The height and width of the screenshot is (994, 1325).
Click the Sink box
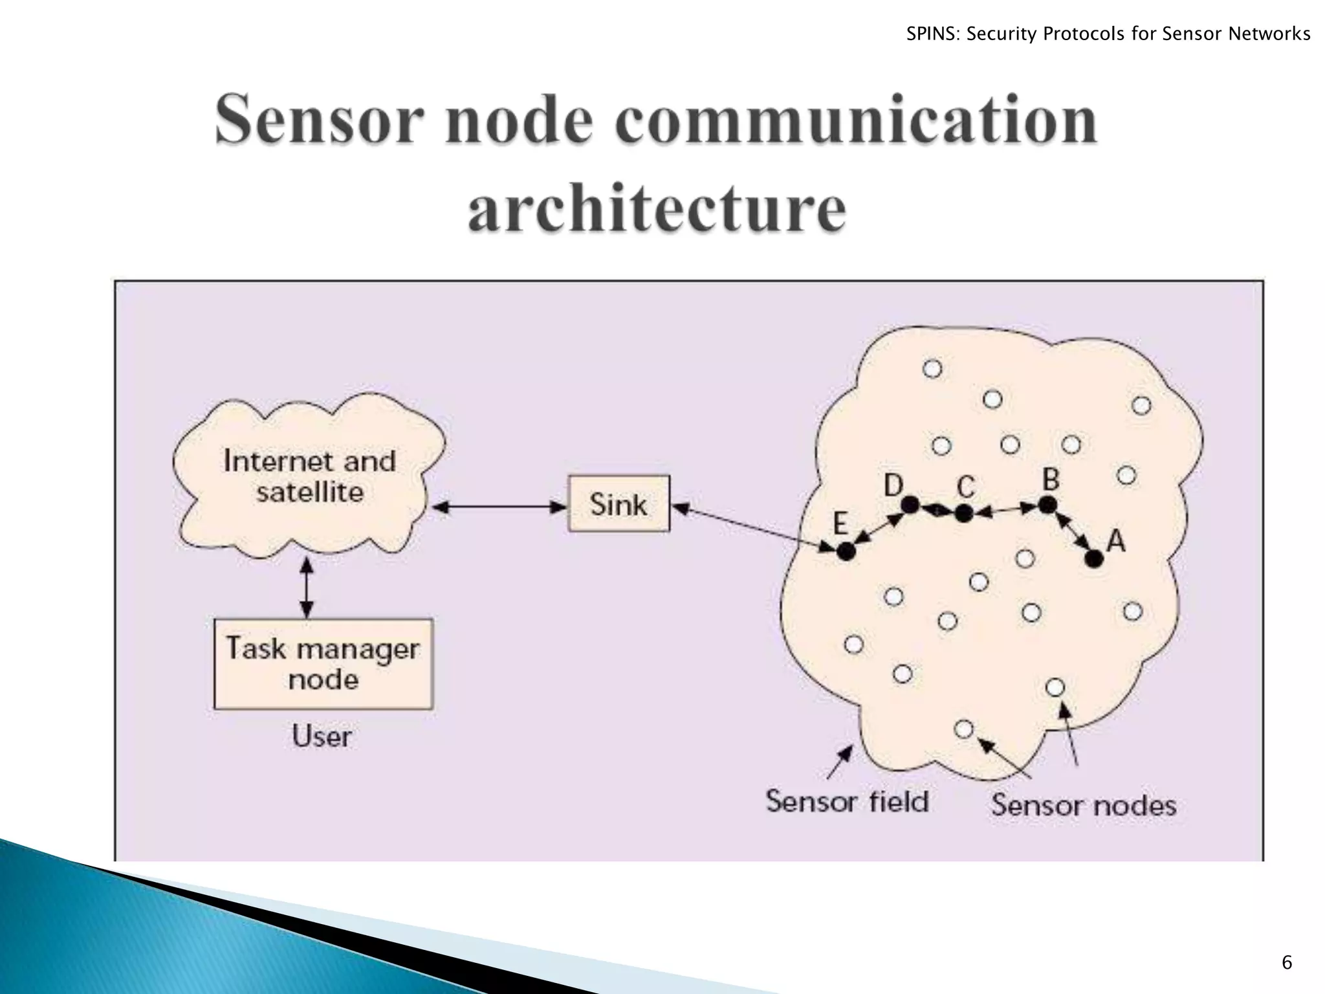pyautogui.click(x=619, y=504)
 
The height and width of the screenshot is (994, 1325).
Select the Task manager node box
pyautogui.click(x=323, y=664)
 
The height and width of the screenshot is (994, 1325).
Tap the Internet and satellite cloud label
pyautogui.click(x=309, y=476)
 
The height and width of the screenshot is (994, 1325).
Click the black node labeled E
pyautogui.click(x=846, y=551)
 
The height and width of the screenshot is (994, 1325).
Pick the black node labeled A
pyautogui.click(x=1094, y=558)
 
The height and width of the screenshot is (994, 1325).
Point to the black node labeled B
pyautogui.click(x=1047, y=505)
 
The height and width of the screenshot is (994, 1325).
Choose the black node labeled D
pyautogui.click(x=910, y=505)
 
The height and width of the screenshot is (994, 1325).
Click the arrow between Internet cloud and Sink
pyautogui.click(x=499, y=507)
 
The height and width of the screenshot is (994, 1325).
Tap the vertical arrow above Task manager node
pyautogui.click(x=307, y=588)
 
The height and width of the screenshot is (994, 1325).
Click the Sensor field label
pyautogui.click(x=847, y=801)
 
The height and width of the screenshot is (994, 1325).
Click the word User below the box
pyautogui.click(x=322, y=736)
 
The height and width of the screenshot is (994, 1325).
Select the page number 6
pyautogui.click(x=1286, y=963)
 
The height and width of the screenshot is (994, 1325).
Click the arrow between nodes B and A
pyautogui.click(x=1071, y=532)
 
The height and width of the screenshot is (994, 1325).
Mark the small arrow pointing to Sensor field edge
pyautogui.click(x=840, y=762)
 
